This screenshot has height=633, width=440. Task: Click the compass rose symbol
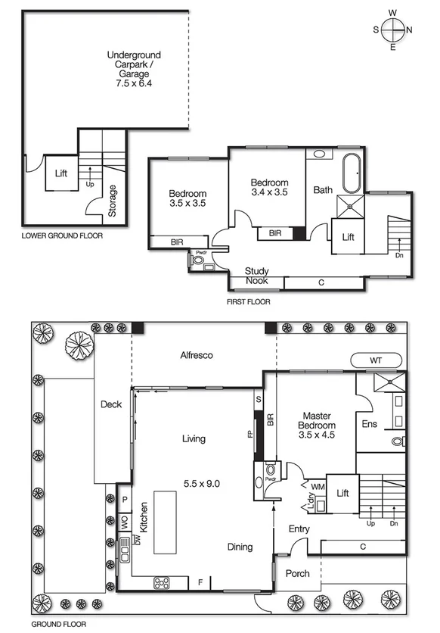(392, 30)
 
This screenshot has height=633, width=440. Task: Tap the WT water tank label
(376, 360)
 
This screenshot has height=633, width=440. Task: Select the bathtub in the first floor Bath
(352, 173)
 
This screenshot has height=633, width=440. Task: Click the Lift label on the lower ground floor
(61, 173)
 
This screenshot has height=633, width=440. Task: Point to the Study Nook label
(257, 276)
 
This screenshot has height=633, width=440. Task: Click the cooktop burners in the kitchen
(162, 582)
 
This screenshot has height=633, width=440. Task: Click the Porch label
(297, 573)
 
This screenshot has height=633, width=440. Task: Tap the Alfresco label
(196, 354)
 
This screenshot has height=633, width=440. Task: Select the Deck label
(111, 404)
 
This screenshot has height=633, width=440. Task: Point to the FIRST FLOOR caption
(248, 301)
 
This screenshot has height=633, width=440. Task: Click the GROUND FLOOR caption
(57, 625)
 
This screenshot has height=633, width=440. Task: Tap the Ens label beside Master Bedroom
(370, 424)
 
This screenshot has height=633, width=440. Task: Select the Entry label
(300, 529)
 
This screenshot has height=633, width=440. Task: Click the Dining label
(240, 547)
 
